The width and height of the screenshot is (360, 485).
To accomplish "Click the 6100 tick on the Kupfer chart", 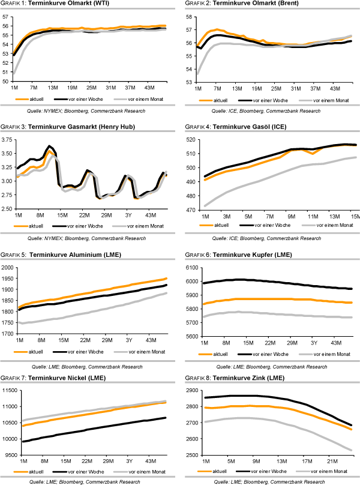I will pos(191,268).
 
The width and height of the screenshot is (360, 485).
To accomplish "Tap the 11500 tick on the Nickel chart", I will pos(8,391).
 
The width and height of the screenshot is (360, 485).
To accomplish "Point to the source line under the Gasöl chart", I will pos(267,238).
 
